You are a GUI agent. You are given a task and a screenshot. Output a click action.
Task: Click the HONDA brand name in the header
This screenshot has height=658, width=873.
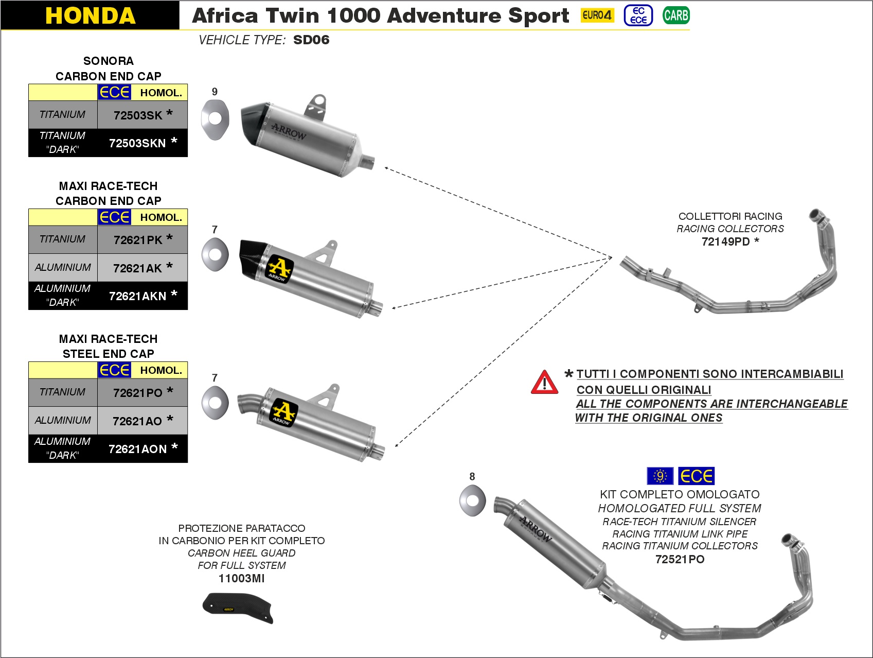point(90,15)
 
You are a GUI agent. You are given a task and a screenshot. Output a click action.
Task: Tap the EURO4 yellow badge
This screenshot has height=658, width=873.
point(597,15)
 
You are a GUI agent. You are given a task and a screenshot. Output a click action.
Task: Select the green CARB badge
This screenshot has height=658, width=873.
point(675,15)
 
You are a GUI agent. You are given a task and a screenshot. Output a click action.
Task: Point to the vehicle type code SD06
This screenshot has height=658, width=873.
point(311,40)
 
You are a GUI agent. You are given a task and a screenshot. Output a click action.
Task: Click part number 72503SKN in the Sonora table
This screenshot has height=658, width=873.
point(138,143)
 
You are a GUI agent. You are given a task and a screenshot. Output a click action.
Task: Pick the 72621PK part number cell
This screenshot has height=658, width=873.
point(138,240)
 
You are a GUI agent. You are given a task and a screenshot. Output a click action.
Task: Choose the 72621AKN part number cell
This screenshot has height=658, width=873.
point(138,296)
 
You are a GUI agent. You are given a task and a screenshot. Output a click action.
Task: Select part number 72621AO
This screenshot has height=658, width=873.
point(137,421)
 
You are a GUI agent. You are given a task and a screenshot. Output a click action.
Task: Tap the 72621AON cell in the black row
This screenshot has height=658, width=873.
point(138,449)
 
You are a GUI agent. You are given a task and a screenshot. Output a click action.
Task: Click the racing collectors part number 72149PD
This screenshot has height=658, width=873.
point(726,242)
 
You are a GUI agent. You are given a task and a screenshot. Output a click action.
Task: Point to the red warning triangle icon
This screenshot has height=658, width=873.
point(544,383)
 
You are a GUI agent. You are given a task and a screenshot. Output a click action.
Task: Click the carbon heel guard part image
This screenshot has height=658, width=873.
point(238,607)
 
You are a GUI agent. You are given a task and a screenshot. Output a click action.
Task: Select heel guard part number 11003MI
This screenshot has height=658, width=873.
point(241,578)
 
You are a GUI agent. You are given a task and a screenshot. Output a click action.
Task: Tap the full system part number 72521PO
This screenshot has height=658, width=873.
point(680,560)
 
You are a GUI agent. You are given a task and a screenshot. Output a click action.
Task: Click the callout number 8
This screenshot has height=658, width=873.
point(472,477)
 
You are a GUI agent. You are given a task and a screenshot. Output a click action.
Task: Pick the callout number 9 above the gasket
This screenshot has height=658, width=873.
point(215,92)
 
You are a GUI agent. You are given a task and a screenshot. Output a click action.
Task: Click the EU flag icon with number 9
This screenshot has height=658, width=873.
point(660,476)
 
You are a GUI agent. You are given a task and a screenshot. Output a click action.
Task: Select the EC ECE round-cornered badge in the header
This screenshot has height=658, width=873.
point(638,15)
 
